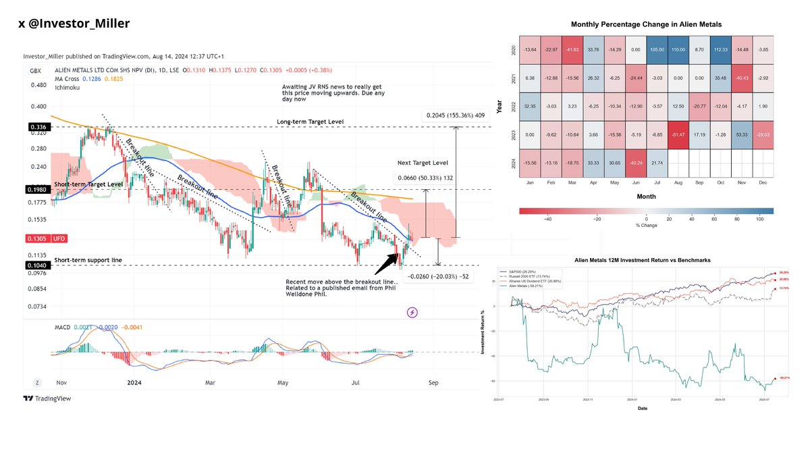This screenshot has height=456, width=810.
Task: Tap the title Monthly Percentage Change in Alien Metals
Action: click(646, 24)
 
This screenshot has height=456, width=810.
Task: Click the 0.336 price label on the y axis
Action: click(36, 126)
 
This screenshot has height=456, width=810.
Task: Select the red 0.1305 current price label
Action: click(36, 238)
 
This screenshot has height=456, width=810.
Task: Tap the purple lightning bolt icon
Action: click(412, 313)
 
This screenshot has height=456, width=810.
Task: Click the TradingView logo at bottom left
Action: click(47, 399)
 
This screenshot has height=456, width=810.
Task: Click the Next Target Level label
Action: click(423, 163)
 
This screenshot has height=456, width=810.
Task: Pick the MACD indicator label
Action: click(62, 328)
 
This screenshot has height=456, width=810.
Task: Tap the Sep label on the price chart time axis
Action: click(433, 382)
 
